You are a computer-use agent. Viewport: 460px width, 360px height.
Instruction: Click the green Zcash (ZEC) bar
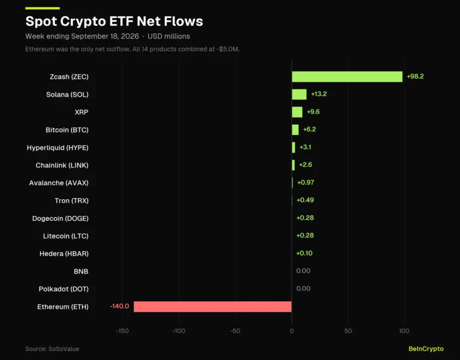pos(347,77)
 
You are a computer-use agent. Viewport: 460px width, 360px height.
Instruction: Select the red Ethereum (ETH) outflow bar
pos(213,307)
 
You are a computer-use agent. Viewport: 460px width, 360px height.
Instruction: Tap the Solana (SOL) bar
pos(299,94)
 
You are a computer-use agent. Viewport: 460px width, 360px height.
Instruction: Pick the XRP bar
pos(297,112)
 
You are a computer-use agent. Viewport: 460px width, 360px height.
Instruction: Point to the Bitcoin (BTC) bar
pos(296,130)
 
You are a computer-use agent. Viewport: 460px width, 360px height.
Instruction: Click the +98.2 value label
pos(415,77)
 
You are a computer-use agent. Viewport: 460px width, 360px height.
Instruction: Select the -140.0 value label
pos(119,307)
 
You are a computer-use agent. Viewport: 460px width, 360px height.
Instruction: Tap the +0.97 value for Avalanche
pos(306,182)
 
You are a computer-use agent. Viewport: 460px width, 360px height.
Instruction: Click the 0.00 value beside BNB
pos(303,271)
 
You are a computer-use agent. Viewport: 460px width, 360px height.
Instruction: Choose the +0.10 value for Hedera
pos(305,253)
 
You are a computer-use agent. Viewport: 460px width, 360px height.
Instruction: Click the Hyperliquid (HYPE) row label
pos(58,148)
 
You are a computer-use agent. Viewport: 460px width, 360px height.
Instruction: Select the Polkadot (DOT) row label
pos(64,289)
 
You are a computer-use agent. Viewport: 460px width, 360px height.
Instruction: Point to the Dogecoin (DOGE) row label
pos(61,218)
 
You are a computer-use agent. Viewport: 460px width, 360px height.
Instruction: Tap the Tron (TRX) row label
pos(71,200)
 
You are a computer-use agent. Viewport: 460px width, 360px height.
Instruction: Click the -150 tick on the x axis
pos(122,331)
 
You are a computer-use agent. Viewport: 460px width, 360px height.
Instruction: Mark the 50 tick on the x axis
pos(348,331)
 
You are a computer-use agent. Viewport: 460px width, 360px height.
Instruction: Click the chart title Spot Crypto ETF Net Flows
pos(114,21)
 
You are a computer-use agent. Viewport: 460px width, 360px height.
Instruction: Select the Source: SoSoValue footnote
pos(52,349)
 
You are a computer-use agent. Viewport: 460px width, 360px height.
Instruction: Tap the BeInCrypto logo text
pos(426,349)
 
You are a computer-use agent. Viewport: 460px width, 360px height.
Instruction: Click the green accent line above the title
pos(43,8)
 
